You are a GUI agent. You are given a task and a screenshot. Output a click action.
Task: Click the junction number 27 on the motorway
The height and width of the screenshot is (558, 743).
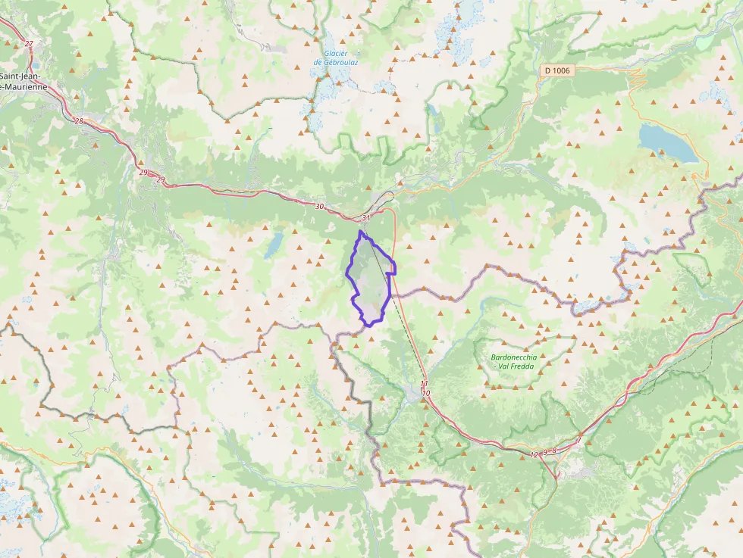[x=29, y=44]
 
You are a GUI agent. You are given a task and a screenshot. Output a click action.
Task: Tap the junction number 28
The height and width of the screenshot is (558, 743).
[x=79, y=121]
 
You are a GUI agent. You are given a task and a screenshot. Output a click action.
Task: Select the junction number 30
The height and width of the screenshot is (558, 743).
[x=319, y=207]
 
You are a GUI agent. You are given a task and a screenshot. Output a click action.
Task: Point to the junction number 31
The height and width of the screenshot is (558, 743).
[x=366, y=219]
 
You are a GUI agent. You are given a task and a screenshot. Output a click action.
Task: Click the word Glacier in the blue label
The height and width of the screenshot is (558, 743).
[x=335, y=53]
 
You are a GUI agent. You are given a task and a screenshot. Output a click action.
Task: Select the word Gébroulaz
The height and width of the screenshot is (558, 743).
[x=340, y=62]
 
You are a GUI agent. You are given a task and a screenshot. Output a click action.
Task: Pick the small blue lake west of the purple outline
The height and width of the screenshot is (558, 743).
[x=274, y=244]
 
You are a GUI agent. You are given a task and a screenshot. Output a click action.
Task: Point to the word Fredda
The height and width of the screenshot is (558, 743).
[x=523, y=366]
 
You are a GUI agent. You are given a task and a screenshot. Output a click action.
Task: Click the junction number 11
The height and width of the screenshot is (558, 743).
[x=425, y=384]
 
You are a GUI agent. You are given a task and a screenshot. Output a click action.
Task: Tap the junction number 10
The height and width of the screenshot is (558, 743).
[x=427, y=394]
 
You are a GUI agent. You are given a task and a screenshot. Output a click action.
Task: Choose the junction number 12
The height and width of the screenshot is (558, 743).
[x=534, y=454]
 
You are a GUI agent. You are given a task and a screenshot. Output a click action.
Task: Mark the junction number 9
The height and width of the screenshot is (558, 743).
[x=545, y=452]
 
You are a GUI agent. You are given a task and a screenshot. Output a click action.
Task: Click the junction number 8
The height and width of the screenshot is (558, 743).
[x=554, y=450]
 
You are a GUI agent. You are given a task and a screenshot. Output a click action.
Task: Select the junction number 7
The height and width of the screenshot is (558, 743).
[x=578, y=441]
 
